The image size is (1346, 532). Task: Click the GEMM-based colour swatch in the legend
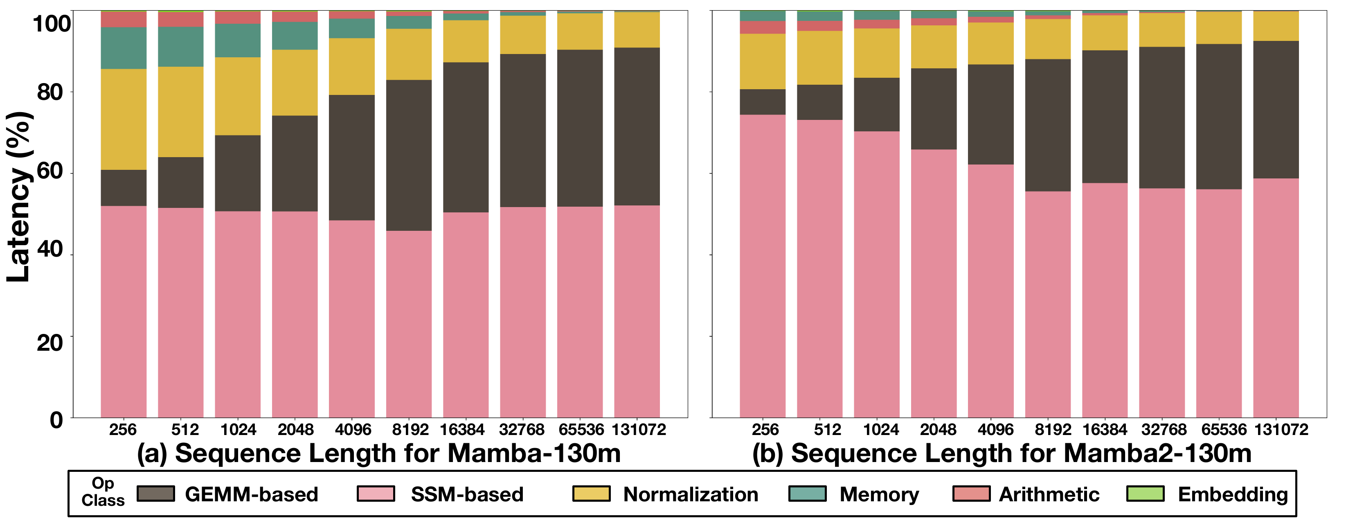(x=156, y=494)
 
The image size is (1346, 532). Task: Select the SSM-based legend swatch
(x=376, y=494)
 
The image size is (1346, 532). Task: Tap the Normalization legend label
(x=690, y=494)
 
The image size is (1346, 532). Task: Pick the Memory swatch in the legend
(x=807, y=494)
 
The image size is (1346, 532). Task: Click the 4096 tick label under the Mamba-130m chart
(x=353, y=430)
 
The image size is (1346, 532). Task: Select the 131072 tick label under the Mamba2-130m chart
(x=1281, y=430)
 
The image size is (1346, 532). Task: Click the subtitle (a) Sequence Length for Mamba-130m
(x=379, y=453)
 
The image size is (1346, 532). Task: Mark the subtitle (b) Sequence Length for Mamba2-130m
(x=1002, y=453)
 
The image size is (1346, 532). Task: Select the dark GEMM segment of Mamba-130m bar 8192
(x=409, y=155)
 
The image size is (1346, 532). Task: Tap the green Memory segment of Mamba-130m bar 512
(x=180, y=47)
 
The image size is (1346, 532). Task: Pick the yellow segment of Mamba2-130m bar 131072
(x=1276, y=26)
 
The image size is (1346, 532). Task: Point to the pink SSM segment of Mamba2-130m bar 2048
(x=934, y=282)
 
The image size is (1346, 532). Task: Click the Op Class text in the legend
(x=103, y=492)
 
